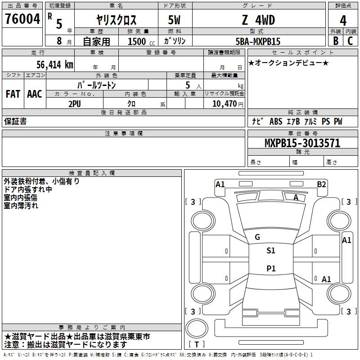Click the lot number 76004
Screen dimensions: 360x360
pos(22,19)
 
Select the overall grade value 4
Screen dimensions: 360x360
pos(343,20)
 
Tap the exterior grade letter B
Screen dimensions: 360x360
pos(336,41)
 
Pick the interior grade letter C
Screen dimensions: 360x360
pos(350,41)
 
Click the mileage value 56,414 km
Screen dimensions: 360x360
pos(55,65)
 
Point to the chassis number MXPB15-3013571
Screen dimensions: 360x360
pos(302,143)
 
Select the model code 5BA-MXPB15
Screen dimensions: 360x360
pos(258,41)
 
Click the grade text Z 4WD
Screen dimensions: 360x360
pos(258,20)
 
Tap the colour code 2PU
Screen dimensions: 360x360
pos(75,104)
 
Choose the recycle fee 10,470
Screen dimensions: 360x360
pos(225,104)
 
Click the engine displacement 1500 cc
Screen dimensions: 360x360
pos(141,42)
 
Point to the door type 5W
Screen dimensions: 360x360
pos(174,20)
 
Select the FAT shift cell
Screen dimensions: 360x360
pos(13,94)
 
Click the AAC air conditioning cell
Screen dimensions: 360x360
pos(35,94)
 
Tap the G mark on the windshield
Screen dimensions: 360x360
pos(257,237)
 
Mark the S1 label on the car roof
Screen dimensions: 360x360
pos(271,250)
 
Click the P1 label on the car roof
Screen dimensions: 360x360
pos(271,268)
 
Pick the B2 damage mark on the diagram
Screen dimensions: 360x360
pos(321,184)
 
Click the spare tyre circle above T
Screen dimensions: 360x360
pos(197,328)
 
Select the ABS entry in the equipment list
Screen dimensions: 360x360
pos(276,121)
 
